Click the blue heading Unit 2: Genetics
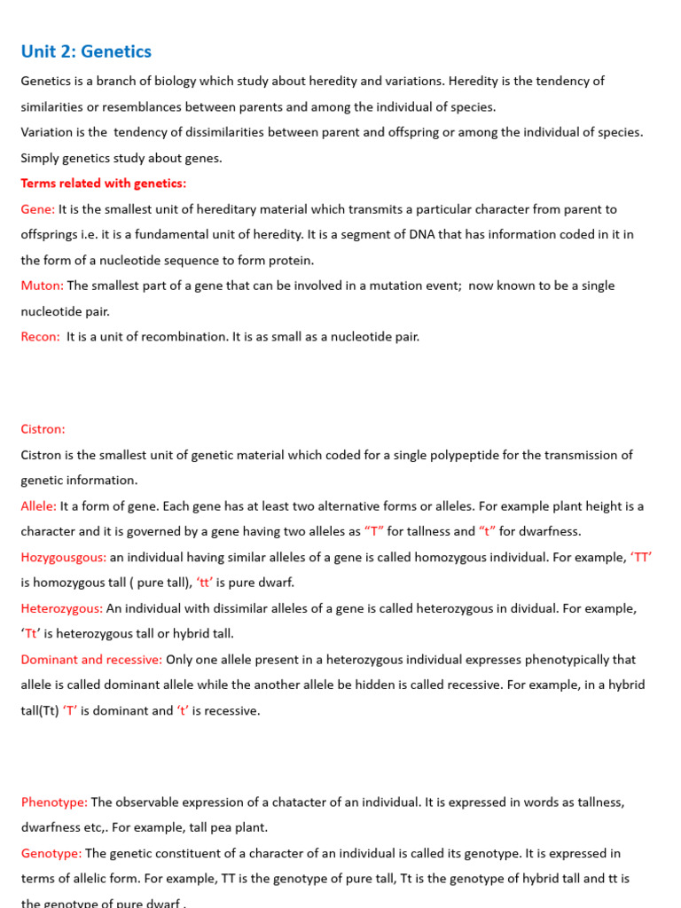pyautogui.click(x=86, y=51)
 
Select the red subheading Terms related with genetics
pyautogui.click(x=104, y=184)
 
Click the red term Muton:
pyautogui.click(x=43, y=286)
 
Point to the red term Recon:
pyautogui.click(x=41, y=337)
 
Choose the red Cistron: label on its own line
pyautogui.click(x=43, y=429)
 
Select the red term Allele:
pyautogui.click(x=39, y=506)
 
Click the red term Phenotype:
pyautogui.click(x=54, y=802)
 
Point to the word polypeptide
pyautogui.click(x=453, y=455)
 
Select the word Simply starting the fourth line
pyautogui.click(x=42, y=158)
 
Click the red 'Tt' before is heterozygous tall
pyautogui.click(x=32, y=634)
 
